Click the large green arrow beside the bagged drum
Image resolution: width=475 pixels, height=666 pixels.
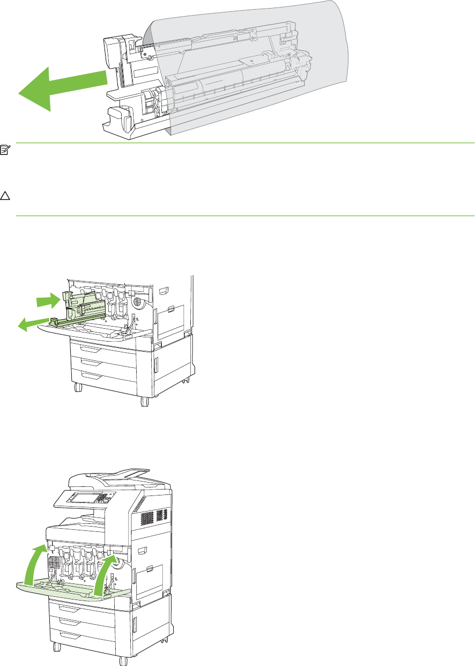[x=59, y=86]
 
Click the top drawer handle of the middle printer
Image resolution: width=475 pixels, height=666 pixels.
[x=92, y=349]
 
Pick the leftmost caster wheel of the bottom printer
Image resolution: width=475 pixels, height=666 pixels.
[x=54, y=646]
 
